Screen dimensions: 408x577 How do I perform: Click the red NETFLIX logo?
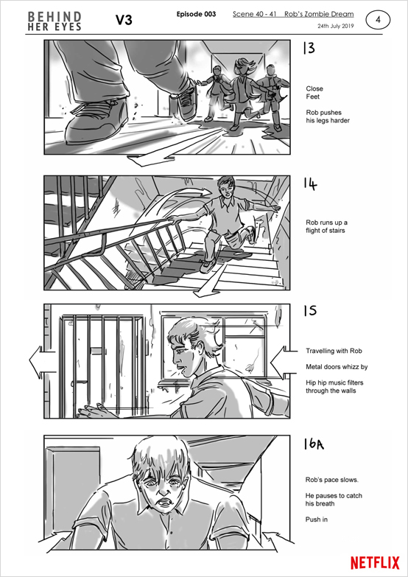coord(375,563)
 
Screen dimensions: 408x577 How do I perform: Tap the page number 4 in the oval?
coord(378,20)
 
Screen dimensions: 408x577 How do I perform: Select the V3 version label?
coord(124,21)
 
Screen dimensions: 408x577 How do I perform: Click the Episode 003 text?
coord(196,14)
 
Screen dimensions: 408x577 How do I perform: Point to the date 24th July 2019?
coord(335,26)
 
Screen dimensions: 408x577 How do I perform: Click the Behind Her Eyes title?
coord(54,21)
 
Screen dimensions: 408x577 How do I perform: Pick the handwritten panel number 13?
coord(309,49)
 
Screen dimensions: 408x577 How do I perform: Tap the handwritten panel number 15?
coord(310,311)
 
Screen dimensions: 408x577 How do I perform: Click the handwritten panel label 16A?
coord(314,444)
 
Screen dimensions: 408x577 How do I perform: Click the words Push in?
coord(317,520)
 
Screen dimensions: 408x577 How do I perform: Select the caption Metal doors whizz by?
coord(337,367)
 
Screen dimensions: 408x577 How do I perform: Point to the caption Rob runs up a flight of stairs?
coord(327,227)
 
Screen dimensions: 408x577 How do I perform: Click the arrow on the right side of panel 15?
coord(284,362)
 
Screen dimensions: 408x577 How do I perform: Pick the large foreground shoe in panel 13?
coord(96,122)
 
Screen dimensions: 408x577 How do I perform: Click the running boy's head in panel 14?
coord(226,186)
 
